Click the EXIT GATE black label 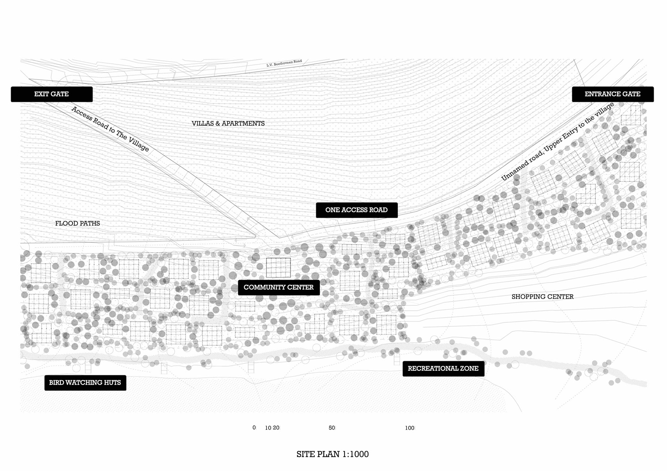click(51, 94)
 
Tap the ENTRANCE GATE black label click(612, 94)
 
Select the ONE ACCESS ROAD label click(356, 210)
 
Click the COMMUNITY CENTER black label click(279, 287)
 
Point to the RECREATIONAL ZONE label click(443, 369)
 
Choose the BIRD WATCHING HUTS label click(85, 383)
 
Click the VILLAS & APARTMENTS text click(228, 124)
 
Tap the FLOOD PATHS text click(77, 224)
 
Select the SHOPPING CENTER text click(542, 297)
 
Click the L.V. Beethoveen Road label click(284, 63)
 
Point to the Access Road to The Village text click(110, 129)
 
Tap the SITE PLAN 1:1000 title click(332, 454)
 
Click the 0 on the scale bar click(254, 428)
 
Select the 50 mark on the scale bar click(332, 428)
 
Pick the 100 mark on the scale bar click(410, 428)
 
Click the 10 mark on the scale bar click(268, 428)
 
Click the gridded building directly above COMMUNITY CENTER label click(278, 268)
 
